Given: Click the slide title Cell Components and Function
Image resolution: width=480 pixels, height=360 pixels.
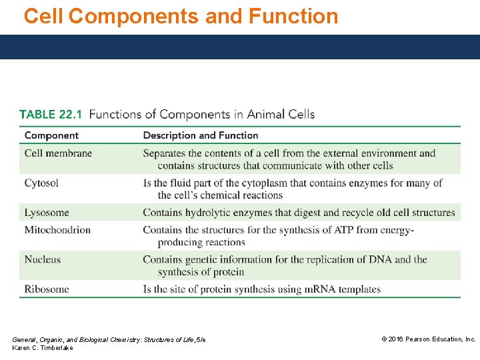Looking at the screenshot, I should click(x=181, y=16).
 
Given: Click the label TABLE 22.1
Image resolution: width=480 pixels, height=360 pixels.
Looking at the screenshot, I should click(x=51, y=115).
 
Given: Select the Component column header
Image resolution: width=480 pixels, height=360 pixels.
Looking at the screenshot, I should click(x=51, y=135).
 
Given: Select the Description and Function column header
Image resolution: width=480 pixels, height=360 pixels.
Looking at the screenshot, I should click(x=200, y=135).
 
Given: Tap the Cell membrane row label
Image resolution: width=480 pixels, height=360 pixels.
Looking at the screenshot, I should click(x=58, y=153).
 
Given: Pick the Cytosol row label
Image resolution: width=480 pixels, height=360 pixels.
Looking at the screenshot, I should click(x=41, y=183).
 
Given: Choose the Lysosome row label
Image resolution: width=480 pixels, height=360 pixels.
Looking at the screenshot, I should click(x=47, y=213).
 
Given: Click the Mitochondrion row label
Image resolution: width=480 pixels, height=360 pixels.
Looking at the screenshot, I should click(x=57, y=230).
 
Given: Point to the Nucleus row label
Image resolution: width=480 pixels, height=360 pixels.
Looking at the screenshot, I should click(x=43, y=259).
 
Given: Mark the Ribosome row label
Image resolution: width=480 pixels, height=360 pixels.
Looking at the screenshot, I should click(x=47, y=289).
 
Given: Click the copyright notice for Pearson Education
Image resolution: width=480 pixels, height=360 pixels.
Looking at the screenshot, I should click(x=428, y=339).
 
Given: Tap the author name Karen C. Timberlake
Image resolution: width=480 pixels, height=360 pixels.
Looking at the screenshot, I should click(x=43, y=348).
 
